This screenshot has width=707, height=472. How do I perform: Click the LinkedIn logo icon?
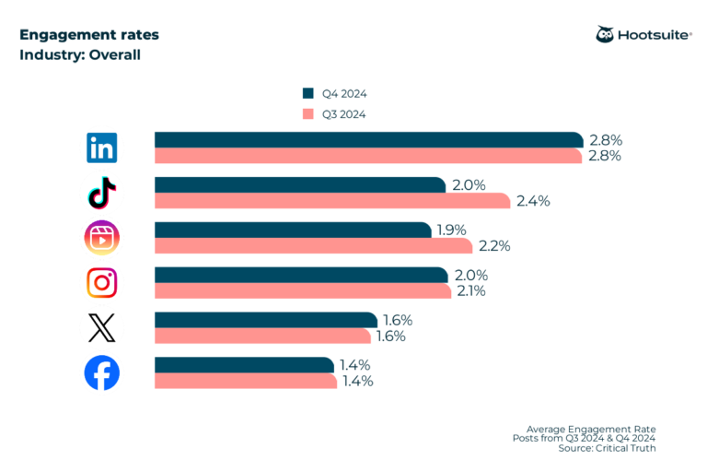tap(101, 147)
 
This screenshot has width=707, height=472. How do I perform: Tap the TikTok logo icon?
tap(101, 193)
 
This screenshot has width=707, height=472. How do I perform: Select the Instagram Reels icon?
tap(101, 238)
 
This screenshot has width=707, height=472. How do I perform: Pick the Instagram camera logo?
tap(101, 283)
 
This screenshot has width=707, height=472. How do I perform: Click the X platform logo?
tap(101, 328)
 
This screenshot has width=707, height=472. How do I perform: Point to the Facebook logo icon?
tap(101, 373)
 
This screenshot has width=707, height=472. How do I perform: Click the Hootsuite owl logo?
tap(606, 36)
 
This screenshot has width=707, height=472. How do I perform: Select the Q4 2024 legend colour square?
tap(307, 94)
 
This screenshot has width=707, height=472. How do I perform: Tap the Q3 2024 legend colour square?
tap(307, 114)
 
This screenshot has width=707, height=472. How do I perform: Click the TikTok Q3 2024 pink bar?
tap(331, 201)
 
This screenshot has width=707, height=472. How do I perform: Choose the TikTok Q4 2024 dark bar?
tap(300, 185)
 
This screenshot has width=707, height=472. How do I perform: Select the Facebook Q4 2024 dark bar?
tap(244, 365)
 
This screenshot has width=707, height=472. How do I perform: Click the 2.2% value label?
tap(495, 246)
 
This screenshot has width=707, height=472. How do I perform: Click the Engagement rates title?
tap(88, 35)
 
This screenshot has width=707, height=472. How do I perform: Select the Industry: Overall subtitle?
tap(80, 54)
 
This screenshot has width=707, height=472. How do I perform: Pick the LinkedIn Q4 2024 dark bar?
tap(368, 140)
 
